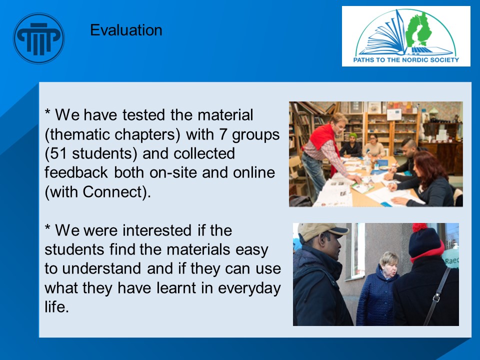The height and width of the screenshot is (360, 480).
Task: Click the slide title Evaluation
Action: tap(126, 30)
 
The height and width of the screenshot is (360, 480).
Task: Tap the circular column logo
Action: tap(39, 38)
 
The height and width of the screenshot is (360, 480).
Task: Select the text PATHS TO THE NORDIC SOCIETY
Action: tap(406, 59)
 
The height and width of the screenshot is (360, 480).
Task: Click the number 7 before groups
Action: tap(223, 134)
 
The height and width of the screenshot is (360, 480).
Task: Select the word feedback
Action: tap(76, 172)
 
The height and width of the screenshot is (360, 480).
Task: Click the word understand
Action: tap(101, 268)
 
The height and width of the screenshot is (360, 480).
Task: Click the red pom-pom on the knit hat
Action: tap(419, 227)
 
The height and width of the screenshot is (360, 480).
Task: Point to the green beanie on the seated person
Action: tap(353, 135)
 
